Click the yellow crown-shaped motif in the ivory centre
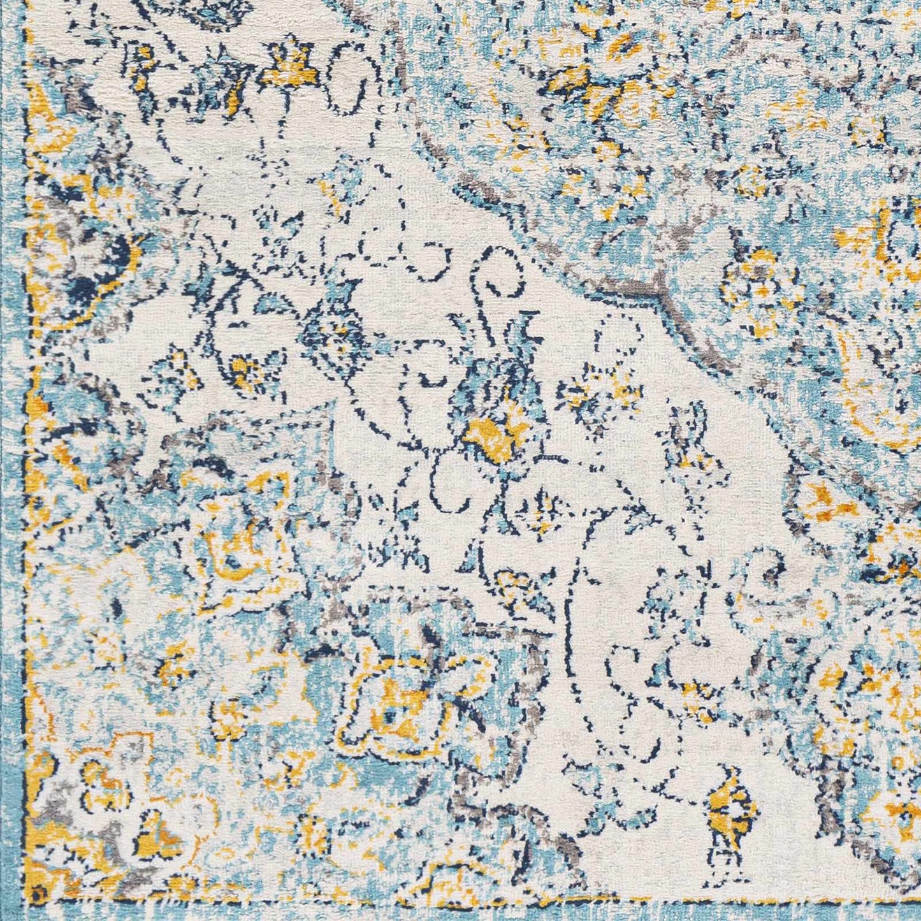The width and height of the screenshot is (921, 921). pyautogui.click(x=494, y=439)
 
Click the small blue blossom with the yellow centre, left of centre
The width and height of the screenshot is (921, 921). pyautogui.click(x=331, y=331)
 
